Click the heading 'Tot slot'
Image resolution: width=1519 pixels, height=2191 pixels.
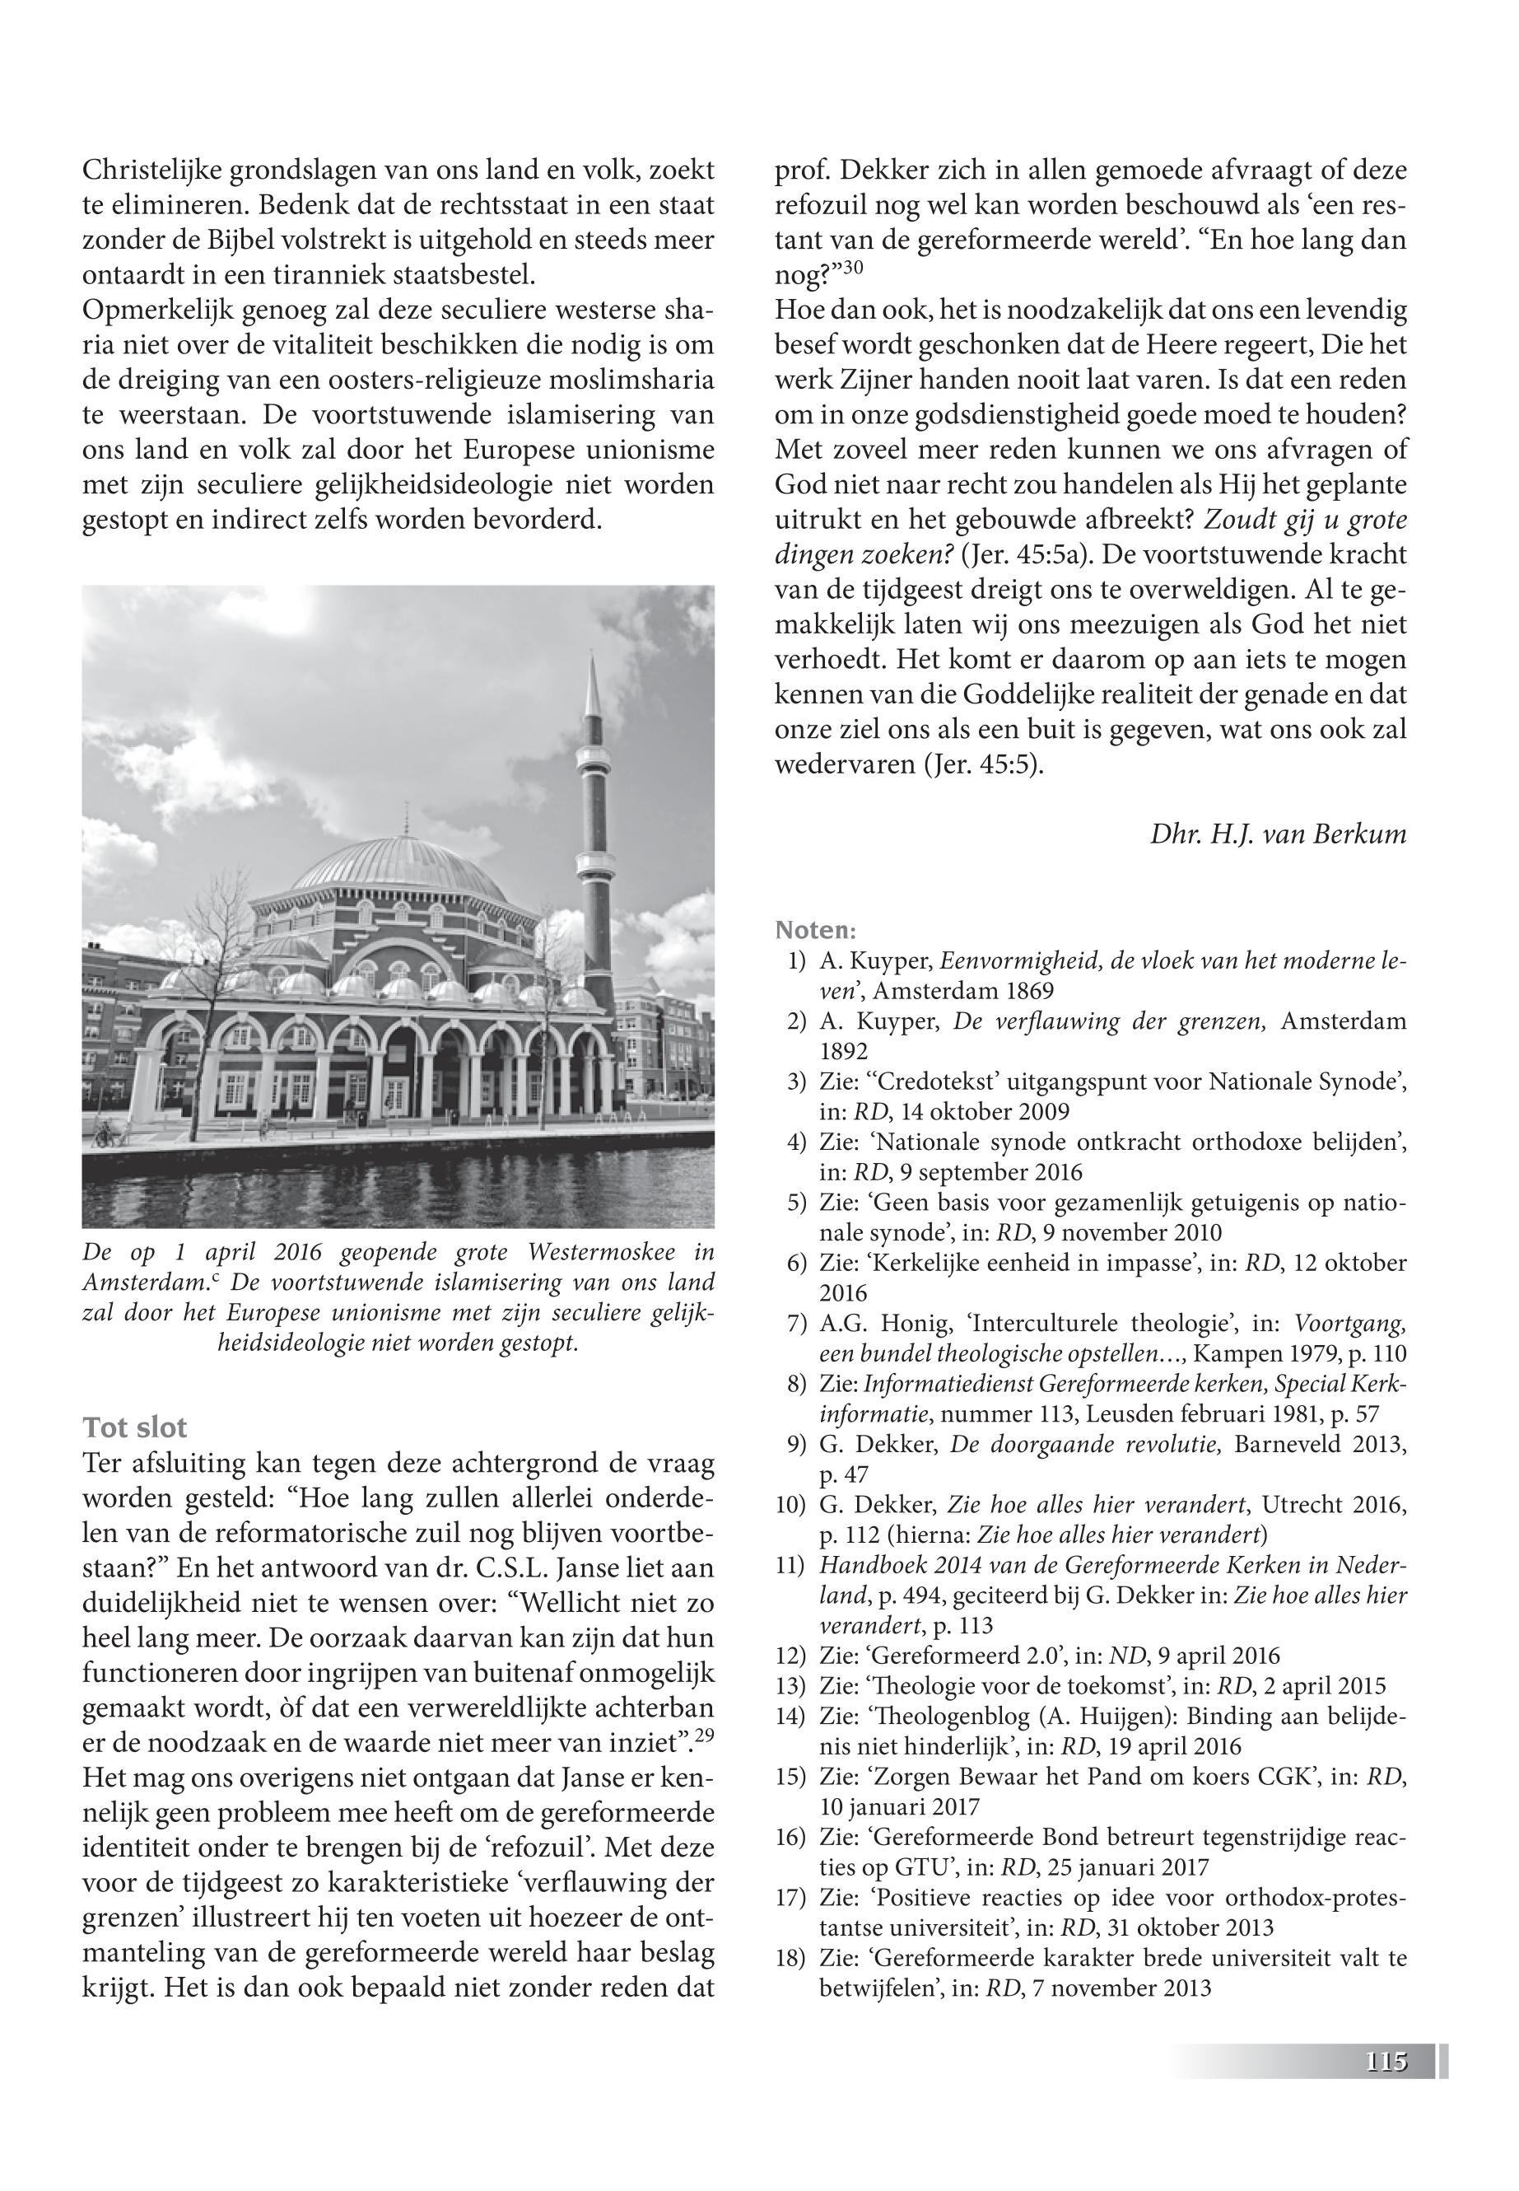tap(134, 1427)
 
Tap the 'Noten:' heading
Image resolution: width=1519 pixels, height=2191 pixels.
tap(816, 928)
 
